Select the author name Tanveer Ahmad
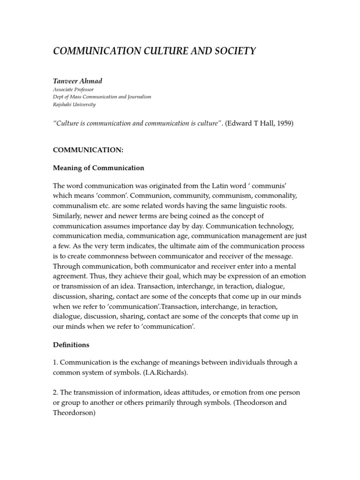[x=77, y=81]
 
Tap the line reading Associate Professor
[x=73, y=90]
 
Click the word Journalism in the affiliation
[x=136, y=97]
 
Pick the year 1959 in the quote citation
[x=283, y=123]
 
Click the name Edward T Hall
[x=249, y=123]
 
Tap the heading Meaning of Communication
[x=98, y=168]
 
